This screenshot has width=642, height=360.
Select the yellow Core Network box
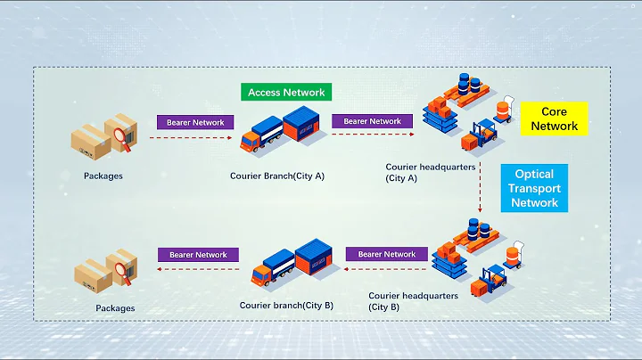click(554, 119)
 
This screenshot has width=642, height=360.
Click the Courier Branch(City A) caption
click(277, 176)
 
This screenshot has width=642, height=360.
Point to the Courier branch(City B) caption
click(286, 305)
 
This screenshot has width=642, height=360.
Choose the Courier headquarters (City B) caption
click(414, 300)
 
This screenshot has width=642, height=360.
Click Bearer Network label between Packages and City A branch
click(195, 122)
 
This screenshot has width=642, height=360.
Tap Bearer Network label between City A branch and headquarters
click(372, 121)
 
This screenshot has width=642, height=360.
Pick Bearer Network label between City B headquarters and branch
click(387, 254)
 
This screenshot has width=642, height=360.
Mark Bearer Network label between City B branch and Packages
click(198, 255)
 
